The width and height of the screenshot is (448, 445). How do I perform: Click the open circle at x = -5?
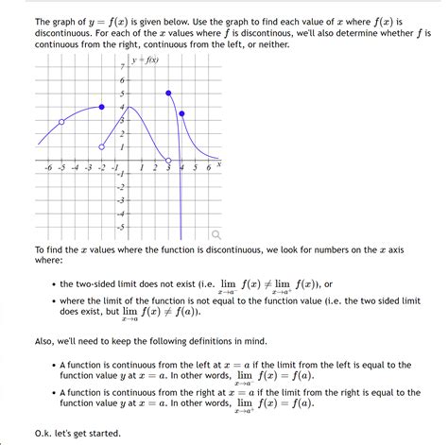point(61,122)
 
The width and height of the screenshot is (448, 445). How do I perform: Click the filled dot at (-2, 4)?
point(102,107)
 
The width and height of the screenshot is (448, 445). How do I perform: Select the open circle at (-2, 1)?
point(102,147)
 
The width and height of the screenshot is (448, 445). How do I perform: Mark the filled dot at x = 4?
point(182,113)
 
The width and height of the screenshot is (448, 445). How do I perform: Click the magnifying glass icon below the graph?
point(217,233)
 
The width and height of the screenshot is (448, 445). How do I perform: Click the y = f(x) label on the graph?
point(146,60)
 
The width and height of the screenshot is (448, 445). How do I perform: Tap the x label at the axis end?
point(218,164)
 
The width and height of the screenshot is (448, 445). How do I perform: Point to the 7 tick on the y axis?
point(122,68)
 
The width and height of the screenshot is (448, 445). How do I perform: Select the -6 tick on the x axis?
point(48,168)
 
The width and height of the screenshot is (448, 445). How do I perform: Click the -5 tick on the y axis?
point(120,227)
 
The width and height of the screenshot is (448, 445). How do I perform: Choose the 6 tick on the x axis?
point(208,168)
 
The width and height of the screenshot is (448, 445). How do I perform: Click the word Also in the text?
point(46,341)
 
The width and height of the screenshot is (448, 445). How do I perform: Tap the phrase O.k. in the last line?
point(46,434)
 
